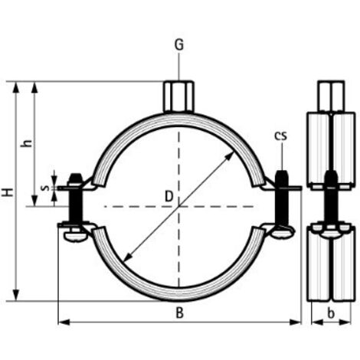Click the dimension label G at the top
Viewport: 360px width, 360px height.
click(x=179, y=45)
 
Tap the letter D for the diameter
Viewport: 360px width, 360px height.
click(x=169, y=197)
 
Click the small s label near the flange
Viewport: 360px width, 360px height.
click(x=45, y=188)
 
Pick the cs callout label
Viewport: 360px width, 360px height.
click(x=281, y=136)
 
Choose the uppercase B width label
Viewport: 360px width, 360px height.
click(x=180, y=313)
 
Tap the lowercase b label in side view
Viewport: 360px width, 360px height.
click(x=331, y=313)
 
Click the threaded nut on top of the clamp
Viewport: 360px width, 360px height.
click(x=178, y=97)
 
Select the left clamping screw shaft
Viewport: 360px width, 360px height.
click(x=76, y=206)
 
